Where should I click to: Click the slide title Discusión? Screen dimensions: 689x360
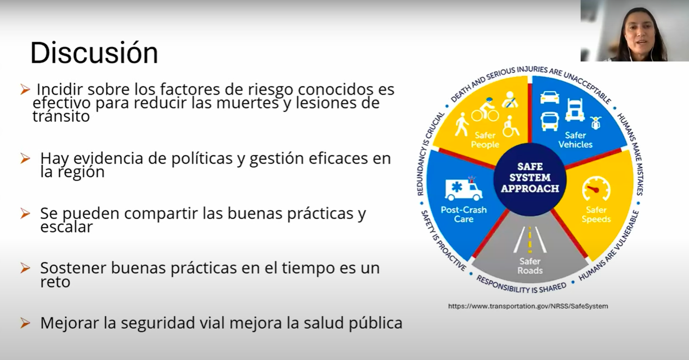[x=94, y=53]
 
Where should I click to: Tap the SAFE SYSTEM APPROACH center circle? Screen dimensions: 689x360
[x=530, y=179]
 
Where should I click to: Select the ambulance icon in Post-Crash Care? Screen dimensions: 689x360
[x=464, y=189]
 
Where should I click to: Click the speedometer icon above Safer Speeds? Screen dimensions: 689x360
[x=596, y=189]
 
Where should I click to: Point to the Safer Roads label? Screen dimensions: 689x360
[x=530, y=266]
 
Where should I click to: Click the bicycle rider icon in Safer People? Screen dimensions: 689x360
[x=485, y=110]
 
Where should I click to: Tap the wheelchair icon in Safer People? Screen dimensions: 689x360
[x=511, y=126]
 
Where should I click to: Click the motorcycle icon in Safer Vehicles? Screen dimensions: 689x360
[x=596, y=123]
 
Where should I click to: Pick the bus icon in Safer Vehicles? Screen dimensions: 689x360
[x=550, y=121]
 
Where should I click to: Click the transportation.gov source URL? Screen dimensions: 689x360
[x=528, y=306]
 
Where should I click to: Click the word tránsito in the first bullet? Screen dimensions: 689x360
[x=61, y=116]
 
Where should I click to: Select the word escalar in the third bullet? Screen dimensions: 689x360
[x=66, y=227]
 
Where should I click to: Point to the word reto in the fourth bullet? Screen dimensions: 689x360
[x=55, y=282]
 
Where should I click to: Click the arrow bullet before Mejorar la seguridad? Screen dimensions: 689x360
[x=25, y=323]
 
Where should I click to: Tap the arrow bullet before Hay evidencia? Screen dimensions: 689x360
[x=25, y=159]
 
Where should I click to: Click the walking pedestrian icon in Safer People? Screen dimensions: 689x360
[x=462, y=125]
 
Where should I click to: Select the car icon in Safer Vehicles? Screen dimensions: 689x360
[x=550, y=97]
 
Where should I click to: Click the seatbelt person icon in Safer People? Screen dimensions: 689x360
[x=510, y=99]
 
